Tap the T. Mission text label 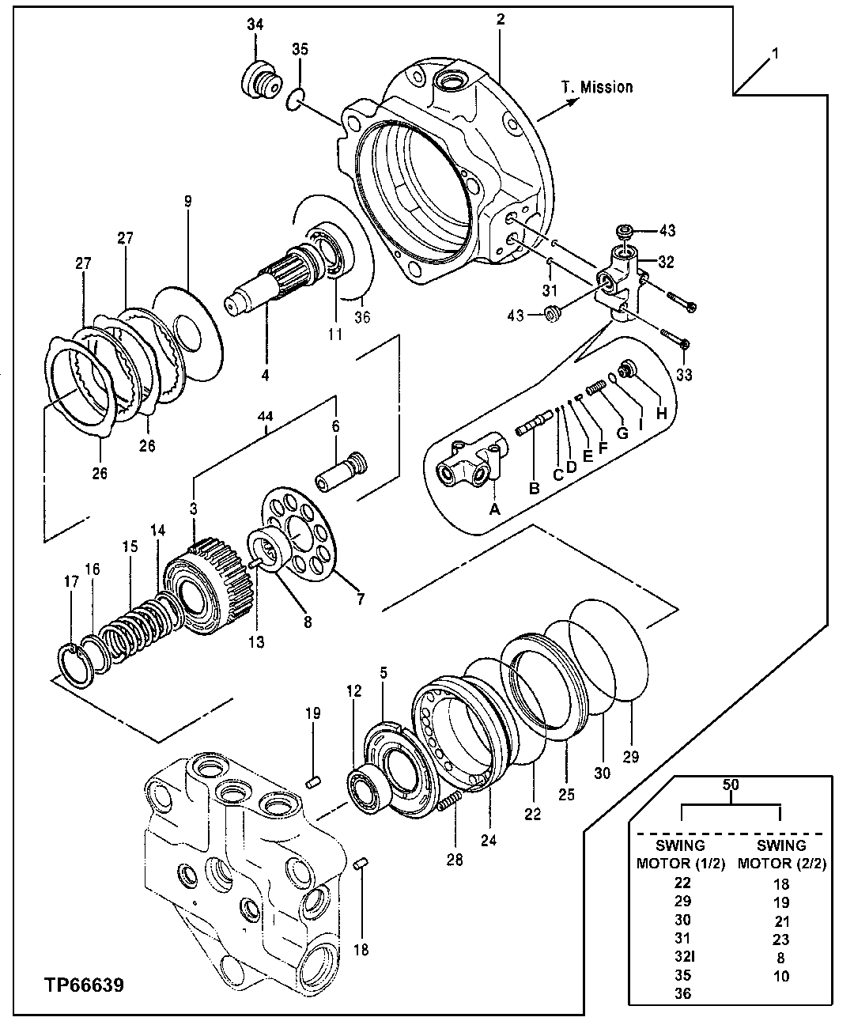coord(597,87)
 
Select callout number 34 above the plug coord(255,25)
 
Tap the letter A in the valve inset coord(495,509)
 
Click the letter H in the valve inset coord(661,413)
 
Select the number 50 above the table coord(731,785)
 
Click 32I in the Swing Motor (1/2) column coord(683,957)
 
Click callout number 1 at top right coord(776,55)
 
